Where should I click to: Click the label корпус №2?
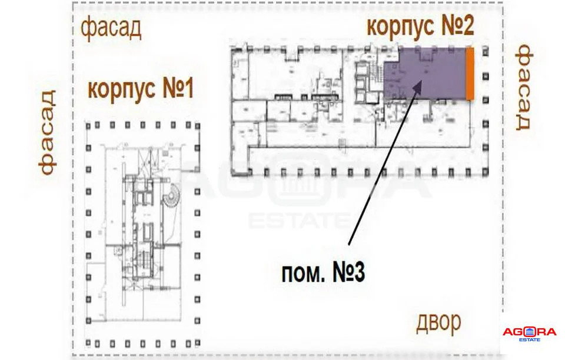(x=420, y=25)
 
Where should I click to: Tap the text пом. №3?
(x=323, y=273)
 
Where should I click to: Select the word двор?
(x=438, y=322)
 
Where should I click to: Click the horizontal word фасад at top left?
(x=111, y=28)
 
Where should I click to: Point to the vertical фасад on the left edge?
(x=48, y=133)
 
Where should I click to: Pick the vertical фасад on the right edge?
(x=523, y=87)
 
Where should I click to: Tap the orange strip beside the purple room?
(x=470, y=74)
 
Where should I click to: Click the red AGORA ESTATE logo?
(x=529, y=334)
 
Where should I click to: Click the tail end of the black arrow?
(x=348, y=245)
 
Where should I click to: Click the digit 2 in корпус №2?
(x=467, y=25)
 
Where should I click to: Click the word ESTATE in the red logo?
(x=529, y=339)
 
